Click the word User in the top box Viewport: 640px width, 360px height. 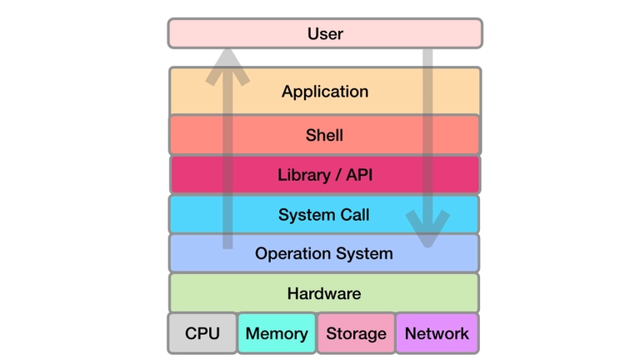325,34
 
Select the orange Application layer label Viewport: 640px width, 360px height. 325,92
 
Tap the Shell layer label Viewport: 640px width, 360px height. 325,135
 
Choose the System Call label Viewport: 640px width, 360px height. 324,215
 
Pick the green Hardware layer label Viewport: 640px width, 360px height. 324,293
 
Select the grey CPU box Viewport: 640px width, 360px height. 202,333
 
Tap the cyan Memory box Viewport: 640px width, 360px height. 277,333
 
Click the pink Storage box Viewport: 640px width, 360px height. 356,333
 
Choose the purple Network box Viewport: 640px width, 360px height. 437,333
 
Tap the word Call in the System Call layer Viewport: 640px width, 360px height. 353,215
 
